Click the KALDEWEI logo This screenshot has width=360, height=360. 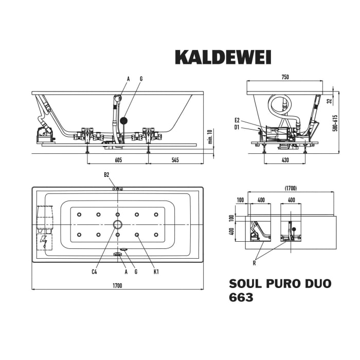pyautogui.click(x=223, y=57)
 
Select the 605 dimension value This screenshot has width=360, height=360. pyautogui.click(x=118, y=160)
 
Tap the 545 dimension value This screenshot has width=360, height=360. pyautogui.click(x=175, y=160)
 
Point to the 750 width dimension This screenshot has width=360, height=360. pyautogui.click(x=285, y=77)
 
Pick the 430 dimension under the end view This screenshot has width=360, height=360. pyautogui.click(x=285, y=160)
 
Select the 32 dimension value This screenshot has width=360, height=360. pyautogui.click(x=329, y=101)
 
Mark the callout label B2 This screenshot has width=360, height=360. pyautogui.click(x=106, y=175)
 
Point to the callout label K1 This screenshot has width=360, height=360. pyautogui.click(x=156, y=271)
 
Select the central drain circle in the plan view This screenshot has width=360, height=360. pyautogui.click(x=118, y=224)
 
